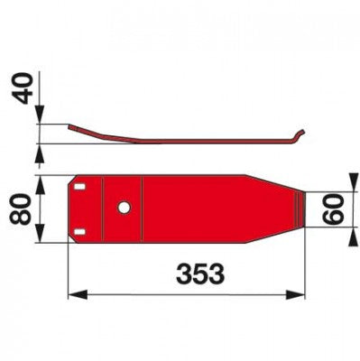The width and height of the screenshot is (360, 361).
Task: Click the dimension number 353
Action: (200, 273)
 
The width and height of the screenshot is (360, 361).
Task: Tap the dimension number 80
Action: (21, 209)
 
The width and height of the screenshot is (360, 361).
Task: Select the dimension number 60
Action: (334, 209)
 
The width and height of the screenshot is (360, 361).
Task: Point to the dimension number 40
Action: (22, 89)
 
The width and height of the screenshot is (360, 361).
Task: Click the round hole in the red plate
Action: (124, 208)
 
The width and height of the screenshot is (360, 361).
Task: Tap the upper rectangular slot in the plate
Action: (79, 187)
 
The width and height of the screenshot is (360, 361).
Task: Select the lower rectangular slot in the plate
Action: (79, 231)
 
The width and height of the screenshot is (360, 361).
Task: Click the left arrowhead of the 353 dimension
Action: (78, 294)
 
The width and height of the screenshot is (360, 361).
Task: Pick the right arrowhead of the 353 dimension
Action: (295, 294)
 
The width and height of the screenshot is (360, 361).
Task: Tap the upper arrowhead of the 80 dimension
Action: (40, 185)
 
